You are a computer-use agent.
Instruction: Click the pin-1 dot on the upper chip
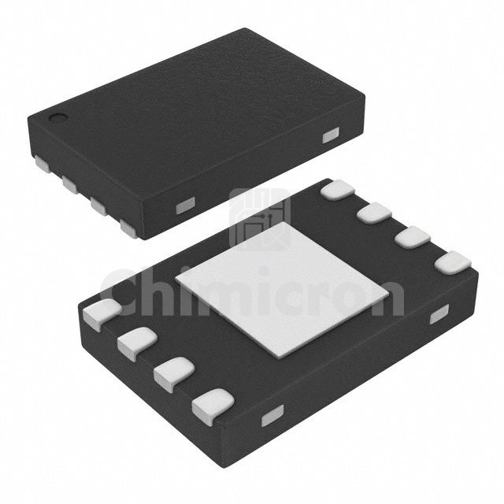(x=57, y=118)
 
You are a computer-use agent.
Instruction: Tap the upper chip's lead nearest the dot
(x=43, y=164)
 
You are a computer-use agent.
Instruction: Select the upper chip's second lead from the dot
(x=70, y=184)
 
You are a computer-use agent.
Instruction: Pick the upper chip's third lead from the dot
(x=98, y=206)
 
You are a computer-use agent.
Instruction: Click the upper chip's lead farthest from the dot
(x=129, y=228)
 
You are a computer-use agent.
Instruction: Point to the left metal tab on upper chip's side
(x=186, y=206)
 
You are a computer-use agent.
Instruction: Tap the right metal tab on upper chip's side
(x=331, y=135)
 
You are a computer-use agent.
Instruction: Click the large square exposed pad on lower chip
(x=282, y=290)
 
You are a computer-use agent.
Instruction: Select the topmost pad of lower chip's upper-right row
(x=338, y=189)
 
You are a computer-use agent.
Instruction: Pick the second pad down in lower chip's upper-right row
(x=375, y=213)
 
